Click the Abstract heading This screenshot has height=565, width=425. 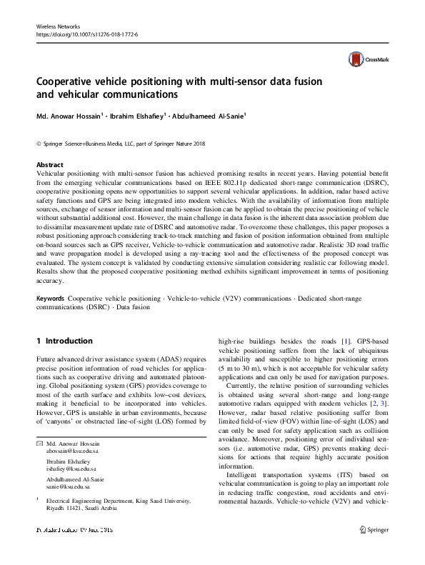49,164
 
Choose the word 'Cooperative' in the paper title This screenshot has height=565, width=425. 74,81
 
